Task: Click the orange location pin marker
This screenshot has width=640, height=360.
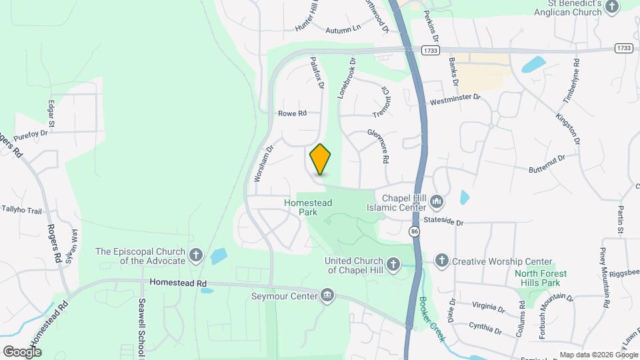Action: (x=321, y=159)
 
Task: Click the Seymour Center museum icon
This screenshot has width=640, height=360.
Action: (x=327, y=295)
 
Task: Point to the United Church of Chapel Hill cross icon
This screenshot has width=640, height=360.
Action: (x=393, y=265)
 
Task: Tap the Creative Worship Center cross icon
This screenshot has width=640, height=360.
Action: (x=441, y=261)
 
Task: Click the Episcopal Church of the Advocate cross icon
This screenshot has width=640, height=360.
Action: (x=196, y=255)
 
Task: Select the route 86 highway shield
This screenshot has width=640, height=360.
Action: (x=415, y=231)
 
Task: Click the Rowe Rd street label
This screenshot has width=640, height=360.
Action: (x=292, y=114)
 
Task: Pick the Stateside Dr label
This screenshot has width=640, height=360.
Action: (x=444, y=221)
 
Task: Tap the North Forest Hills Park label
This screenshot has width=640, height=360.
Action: (x=541, y=278)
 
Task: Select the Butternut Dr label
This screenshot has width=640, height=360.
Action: (x=548, y=160)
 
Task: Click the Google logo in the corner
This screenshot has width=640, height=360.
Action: (x=22, y=351)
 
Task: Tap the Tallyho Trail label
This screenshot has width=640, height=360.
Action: (x=21, y=211)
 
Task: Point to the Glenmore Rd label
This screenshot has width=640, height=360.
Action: (x=378, y=146)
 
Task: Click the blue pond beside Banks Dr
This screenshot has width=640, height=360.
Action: (x=535, y=65)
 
